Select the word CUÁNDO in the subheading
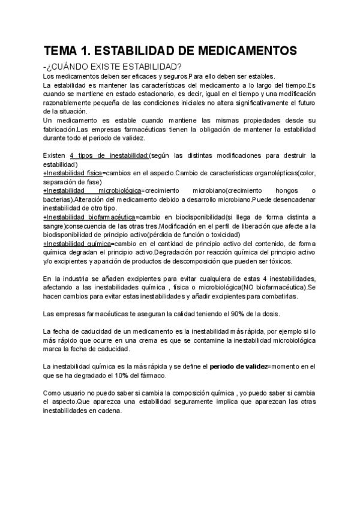(73, 66)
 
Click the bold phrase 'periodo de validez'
(236, 366)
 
